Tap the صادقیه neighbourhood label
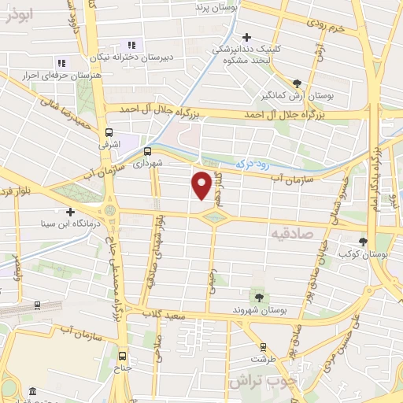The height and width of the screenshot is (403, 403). coord(291,234)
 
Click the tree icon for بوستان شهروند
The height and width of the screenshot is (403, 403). coord(258,296)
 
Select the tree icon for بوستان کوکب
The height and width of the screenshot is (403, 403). coord(363,242)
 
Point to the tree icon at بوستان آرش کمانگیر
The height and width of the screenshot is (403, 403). coord(296,83)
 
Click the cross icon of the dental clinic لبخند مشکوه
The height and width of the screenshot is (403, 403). coord(246,37)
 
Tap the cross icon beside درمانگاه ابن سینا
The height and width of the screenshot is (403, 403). coord(71,212)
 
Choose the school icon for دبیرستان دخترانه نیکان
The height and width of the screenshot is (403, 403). coord(131,46)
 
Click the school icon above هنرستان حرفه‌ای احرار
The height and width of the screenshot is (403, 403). coord(61,63)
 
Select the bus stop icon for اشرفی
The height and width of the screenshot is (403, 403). coord(108,133)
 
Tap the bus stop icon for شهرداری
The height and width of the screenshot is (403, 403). coord(147,151)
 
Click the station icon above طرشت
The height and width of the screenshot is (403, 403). coord(262,346)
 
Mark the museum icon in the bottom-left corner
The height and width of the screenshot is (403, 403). coord(31,391)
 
